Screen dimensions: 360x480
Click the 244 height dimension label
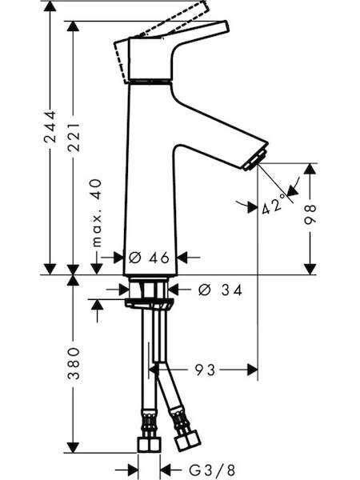pos(50,126)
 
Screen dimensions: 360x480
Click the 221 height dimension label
pos(74,138)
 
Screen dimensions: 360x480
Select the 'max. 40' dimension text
pos(97,213)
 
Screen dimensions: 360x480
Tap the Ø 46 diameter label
pos(149,258)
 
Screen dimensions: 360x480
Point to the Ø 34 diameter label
pos(220,290)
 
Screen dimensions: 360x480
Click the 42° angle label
pos(273,205)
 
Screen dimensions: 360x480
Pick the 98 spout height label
pos(310,214)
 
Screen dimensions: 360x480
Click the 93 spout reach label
pos(205,370)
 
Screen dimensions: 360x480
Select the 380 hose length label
pos(74,363)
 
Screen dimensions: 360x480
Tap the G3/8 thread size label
pos(212,470)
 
